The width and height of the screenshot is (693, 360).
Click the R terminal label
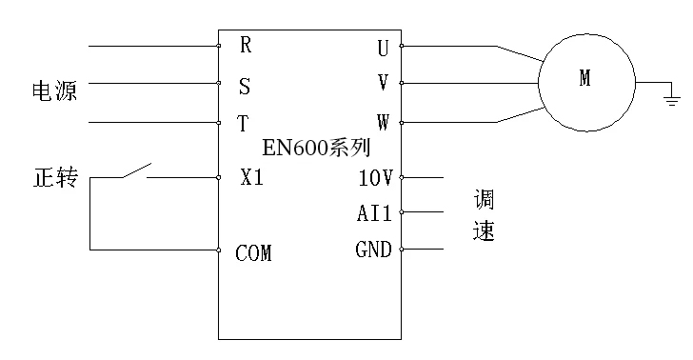click(246, 45)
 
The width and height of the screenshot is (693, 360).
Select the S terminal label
click(245, 86)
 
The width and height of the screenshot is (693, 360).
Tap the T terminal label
click(244, 124)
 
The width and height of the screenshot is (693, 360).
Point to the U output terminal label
click(383, 47)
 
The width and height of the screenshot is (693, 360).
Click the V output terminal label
click(383, 83)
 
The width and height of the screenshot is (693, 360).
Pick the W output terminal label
click(383, 123)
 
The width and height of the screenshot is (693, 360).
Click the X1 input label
click(252, 177)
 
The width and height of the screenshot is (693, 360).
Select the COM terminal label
click(253, 253)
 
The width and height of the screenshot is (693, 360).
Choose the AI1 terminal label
click(374, 213)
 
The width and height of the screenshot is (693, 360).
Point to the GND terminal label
click(373, 250)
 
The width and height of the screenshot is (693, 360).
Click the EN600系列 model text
click(317, 150)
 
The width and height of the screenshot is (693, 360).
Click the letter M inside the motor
click(584, 81)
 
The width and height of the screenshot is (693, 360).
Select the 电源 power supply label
click(54, 92)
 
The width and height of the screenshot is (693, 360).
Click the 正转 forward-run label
click(55, 178)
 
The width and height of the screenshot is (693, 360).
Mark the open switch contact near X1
click(136, 171)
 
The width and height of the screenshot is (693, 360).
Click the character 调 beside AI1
click(485, 201)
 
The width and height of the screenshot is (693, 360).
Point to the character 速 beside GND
click(485, 231)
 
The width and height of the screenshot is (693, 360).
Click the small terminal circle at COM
click(219, 250)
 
